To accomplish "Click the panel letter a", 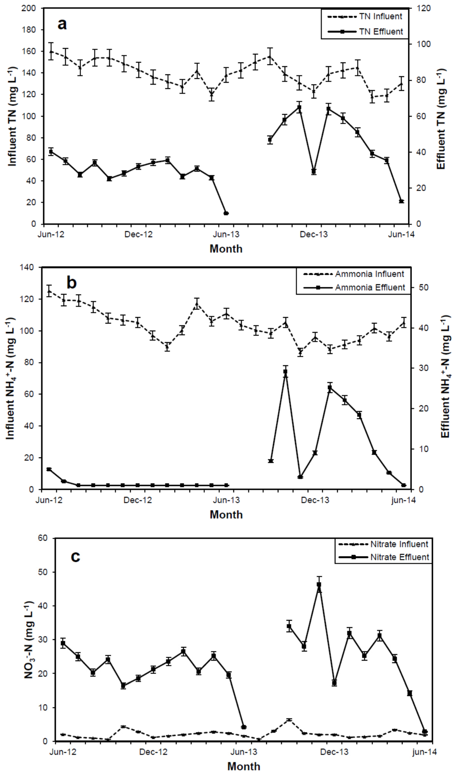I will pyautogui.click(x=62, y=24).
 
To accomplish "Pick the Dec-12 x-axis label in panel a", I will pyautogui.click(x=138, y=234).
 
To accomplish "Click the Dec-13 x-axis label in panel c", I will pyautogui.click(x=334, y=752).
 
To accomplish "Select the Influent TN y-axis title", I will pyautogui.click(x=12, y=116).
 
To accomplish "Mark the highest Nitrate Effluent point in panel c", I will pyautogui.click(x=319, y=585).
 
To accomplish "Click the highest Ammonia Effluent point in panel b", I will pyautogui.click(x=285, y=371).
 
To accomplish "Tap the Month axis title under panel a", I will pyautogui.click(x=226, y=249).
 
